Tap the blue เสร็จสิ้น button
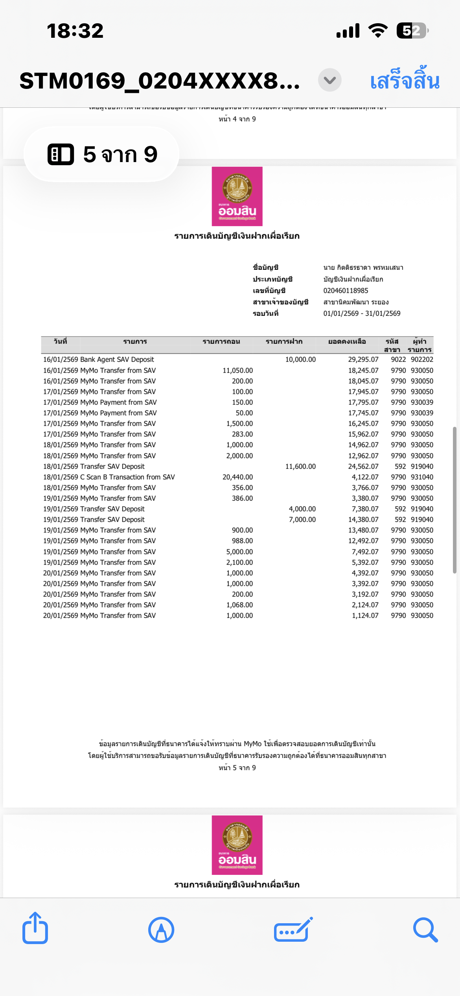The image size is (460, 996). [x=405, y=81]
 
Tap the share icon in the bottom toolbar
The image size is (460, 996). [x=35, y=929]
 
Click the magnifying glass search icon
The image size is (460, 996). [x=425, y=930]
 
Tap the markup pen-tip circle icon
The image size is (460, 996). [x=161, y=930]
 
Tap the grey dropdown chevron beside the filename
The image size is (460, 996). [x=329, y=80]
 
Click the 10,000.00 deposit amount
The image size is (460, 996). [x=300, y=360]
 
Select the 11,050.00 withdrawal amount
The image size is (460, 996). [x=237, y=371]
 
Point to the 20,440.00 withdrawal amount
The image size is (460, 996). [x=237, y=477]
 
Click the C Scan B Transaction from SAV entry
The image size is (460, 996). [x=127, y=477]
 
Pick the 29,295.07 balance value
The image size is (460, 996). [x=363, y=360]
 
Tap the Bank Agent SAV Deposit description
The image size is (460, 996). [x=117, y=360]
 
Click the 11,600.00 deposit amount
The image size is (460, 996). [x=300, y=467]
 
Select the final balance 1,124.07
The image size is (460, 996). [x=365, y=616]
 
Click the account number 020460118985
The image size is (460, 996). [x=346, y=291]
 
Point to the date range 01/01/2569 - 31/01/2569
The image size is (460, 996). [x=362, y=314]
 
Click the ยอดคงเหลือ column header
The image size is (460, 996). [x=347, y=341]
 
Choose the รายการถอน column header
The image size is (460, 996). [x=221, y=341]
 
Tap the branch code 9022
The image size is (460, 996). [x=398, y=360]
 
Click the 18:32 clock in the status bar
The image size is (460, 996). [x=75, y=31]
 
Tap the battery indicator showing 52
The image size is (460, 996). [x=412, y=31]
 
